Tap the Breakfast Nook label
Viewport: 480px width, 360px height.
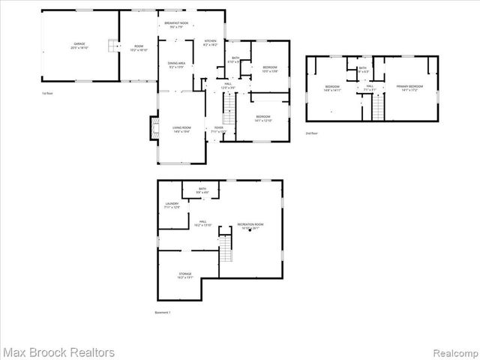coord(174,25)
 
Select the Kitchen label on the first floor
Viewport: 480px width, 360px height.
coord(210,43)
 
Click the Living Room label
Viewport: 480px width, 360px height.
coord(181,129)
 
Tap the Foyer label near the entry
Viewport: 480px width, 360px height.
coord(218,129)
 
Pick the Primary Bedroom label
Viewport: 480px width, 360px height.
coord(409,88)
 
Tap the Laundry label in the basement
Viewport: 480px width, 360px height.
coord(172,205)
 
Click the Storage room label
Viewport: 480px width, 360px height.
coord(184,275)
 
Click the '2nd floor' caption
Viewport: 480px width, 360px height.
coord(312,133)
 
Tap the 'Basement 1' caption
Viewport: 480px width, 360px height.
coord(163,313)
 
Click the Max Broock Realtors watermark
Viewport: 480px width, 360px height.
coord(58,352)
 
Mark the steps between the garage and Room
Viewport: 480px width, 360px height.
coord(113,46)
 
